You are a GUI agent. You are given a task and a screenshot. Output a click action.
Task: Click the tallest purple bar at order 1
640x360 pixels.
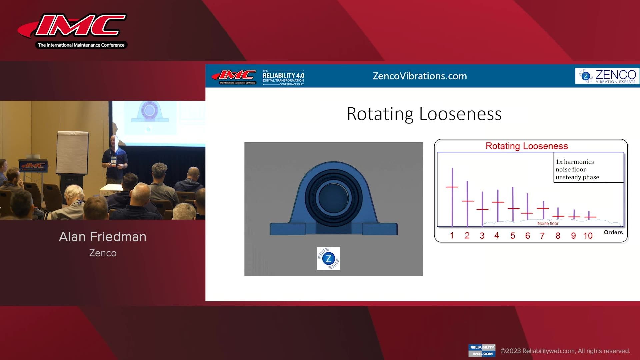coord(452,197)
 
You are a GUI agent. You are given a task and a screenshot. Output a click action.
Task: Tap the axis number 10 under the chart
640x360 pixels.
coord(588,236)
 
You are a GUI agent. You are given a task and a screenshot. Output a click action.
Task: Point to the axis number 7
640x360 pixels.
coord(542,236)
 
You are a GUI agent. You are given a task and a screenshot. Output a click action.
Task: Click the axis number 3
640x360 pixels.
coord(482,236)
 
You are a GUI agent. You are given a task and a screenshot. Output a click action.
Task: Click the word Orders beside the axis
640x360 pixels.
coord(613,232)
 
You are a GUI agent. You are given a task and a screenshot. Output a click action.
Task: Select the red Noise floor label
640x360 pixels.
coord(548,223)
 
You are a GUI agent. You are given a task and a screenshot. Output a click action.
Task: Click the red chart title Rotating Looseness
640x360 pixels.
coord(526,146)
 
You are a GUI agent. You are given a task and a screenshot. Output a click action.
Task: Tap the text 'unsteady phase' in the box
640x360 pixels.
coord(577,177)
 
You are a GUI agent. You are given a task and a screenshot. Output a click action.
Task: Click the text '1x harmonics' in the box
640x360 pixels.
coord(575,162)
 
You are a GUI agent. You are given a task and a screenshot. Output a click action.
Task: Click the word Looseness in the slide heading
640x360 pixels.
coord(460,114)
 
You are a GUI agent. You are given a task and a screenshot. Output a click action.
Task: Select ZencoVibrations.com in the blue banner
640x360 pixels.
coord(420,76)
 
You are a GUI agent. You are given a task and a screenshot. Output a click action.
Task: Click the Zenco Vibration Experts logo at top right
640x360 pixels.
coord(607,76)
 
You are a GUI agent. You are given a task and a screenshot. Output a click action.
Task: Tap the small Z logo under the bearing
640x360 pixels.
coord(328,258)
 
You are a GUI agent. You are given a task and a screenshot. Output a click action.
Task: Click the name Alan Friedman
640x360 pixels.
coord(103,237)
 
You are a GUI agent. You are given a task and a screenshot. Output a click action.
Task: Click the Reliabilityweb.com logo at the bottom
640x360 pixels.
coord(482,350)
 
